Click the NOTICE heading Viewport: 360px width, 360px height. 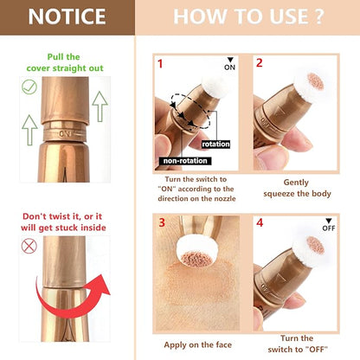point(67,16)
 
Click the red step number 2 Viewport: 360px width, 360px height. point(259,63)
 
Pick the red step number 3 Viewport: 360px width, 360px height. point(160,222)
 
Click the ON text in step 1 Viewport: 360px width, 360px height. point(229,66)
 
